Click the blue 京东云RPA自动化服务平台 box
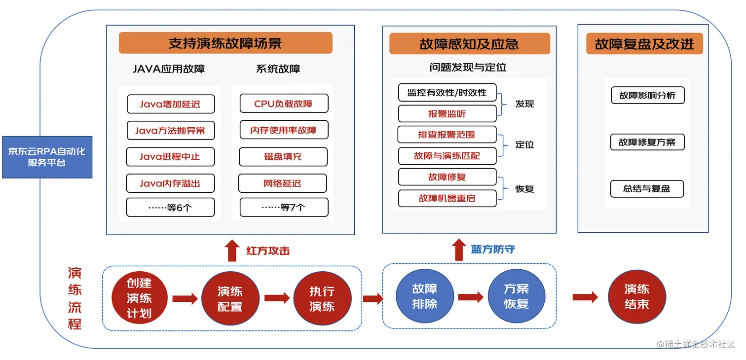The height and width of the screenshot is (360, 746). tap(47, 157)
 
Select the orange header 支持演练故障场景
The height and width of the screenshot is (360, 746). tap(225, 43)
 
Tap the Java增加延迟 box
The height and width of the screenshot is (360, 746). tap(171, 104)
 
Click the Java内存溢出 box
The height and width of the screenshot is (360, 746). tap(170, 183)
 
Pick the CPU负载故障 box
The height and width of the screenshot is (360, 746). tap(284, 104)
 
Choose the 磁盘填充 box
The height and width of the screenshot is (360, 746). tap(283, 157)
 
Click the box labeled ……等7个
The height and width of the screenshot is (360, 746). tap(284, 207)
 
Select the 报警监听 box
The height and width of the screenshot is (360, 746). tap(447, 114)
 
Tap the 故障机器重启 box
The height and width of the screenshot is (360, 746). tap(447, 198)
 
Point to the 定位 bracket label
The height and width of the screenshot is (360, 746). tap(524, 145)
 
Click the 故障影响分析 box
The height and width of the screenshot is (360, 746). tap(647, 95)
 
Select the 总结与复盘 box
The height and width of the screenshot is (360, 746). tap(647, 189)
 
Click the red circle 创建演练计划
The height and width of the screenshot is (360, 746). tap(139, 298)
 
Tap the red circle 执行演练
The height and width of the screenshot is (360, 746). tap(322, 298)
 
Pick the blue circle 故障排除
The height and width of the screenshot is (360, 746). tap(425, 296)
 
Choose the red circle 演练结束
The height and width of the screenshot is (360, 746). tap(637, 296)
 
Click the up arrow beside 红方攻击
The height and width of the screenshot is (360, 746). tap(232, 251)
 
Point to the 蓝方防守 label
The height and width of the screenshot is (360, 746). tap(493, 250)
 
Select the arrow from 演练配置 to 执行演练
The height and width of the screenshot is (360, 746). tap(277, 298)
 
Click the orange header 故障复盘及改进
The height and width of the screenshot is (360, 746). tap(644, 44)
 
